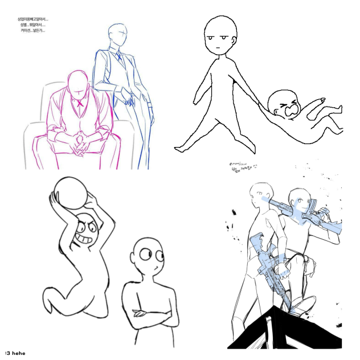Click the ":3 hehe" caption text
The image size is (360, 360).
click(15, 353)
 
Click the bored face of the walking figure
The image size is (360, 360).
click(216, 39)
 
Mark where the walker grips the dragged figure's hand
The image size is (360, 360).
click(263, 105)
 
